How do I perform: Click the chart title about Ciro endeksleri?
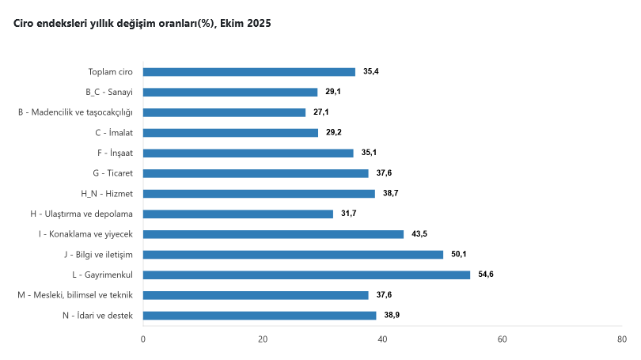point(142,24)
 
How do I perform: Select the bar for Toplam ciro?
point(249,72)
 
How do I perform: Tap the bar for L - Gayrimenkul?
point(306,275)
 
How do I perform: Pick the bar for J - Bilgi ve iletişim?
point(293,255)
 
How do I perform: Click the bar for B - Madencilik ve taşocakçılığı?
point(224,112)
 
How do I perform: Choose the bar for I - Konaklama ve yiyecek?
point(273,234)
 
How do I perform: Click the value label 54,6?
point(486,275)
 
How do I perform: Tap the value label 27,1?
point(321,112)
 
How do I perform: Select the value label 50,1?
point(459,255)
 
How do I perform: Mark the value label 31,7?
point(349,214)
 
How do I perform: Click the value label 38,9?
point(392,315)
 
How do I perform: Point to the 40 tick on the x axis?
point(382,339)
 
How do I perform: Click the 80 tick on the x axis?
point(622,339)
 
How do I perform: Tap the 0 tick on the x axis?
point(143,339)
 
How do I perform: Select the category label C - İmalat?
point(113,133)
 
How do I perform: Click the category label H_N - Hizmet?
point(106,194)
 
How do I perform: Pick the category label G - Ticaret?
point(112,173)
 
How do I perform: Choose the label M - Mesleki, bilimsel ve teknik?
point(75,295)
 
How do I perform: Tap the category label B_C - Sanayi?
point(108,93)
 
